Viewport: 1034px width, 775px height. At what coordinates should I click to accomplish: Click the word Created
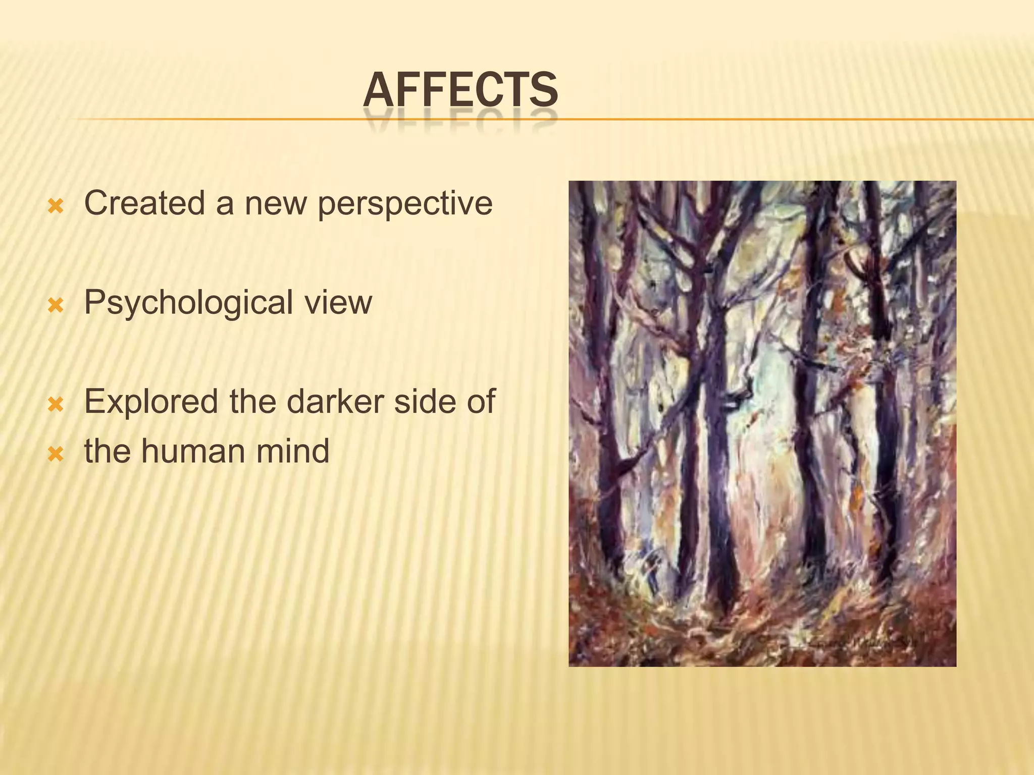point(144,203)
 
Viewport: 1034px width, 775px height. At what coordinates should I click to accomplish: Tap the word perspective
point(405,204)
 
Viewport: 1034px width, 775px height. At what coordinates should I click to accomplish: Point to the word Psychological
point(188,303)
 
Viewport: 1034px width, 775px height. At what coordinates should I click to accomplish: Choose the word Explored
point(151,402)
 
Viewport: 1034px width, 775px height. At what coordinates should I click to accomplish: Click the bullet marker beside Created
point(56,206)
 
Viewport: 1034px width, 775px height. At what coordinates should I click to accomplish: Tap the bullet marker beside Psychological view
point(56,305)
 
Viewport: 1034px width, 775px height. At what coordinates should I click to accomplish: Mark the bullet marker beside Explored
point(56,404)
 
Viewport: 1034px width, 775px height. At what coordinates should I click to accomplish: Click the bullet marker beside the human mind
point(56,454)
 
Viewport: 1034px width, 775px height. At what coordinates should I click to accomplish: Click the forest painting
point(762,423)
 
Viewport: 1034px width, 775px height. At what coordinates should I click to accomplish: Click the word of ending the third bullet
point(481,402)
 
